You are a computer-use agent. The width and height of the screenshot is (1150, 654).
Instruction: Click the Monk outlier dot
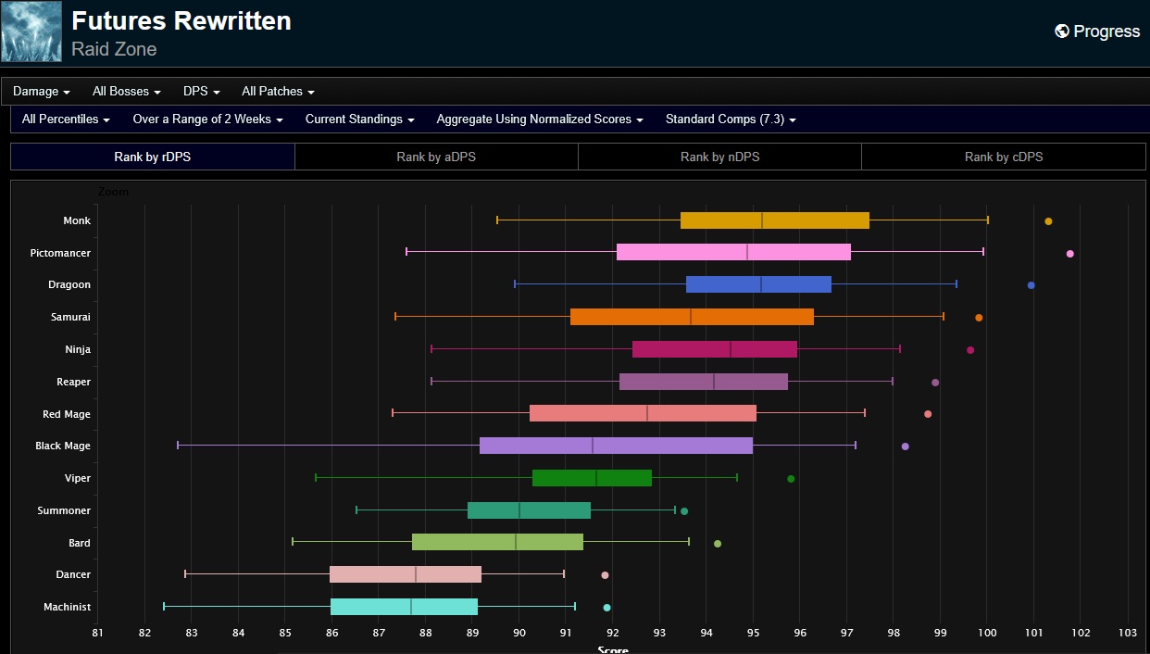click(x=1048, y=221)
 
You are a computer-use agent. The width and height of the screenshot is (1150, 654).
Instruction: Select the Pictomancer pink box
click(x=733, y=252)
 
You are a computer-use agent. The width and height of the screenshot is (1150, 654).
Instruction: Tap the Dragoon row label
click(x=69, y=284)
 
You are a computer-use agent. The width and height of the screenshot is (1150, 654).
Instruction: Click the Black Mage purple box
click(x=616, y=446)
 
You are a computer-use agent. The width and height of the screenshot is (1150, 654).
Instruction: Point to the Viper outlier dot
click(x=791, y=479)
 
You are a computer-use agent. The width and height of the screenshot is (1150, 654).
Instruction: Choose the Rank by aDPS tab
click(x=436, y=157)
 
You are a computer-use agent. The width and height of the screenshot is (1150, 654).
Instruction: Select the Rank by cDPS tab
click(x=1004, y=157)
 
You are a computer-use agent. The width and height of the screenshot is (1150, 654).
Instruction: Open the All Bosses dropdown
click(x=127, y=92)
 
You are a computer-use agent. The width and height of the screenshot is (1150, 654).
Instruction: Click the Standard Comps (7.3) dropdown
click(x=731, y=119)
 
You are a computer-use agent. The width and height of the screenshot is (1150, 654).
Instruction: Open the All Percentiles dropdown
click(x=66, y=119)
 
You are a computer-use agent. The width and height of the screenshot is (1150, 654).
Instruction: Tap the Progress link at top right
click(x=1097, y=31)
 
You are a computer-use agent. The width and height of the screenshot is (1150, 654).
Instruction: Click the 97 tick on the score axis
click(x=846, y=633)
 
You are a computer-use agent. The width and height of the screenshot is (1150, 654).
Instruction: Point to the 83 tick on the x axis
click(x=192, y=633)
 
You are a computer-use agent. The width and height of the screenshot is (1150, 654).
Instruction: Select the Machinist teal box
click(x=404, y=607)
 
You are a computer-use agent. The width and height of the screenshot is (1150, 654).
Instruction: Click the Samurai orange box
click(x=692, y=317)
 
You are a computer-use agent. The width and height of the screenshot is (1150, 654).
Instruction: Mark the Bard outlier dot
click(x=718, y=544)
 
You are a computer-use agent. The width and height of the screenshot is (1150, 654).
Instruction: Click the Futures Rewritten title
click(x=181, y=21)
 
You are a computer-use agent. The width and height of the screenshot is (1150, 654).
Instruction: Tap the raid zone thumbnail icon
click(x=31, y=31)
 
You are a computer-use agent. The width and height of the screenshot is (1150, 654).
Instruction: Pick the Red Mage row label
click(x=67, y=414)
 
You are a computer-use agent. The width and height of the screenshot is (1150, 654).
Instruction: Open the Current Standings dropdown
click(x=359, y=119)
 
